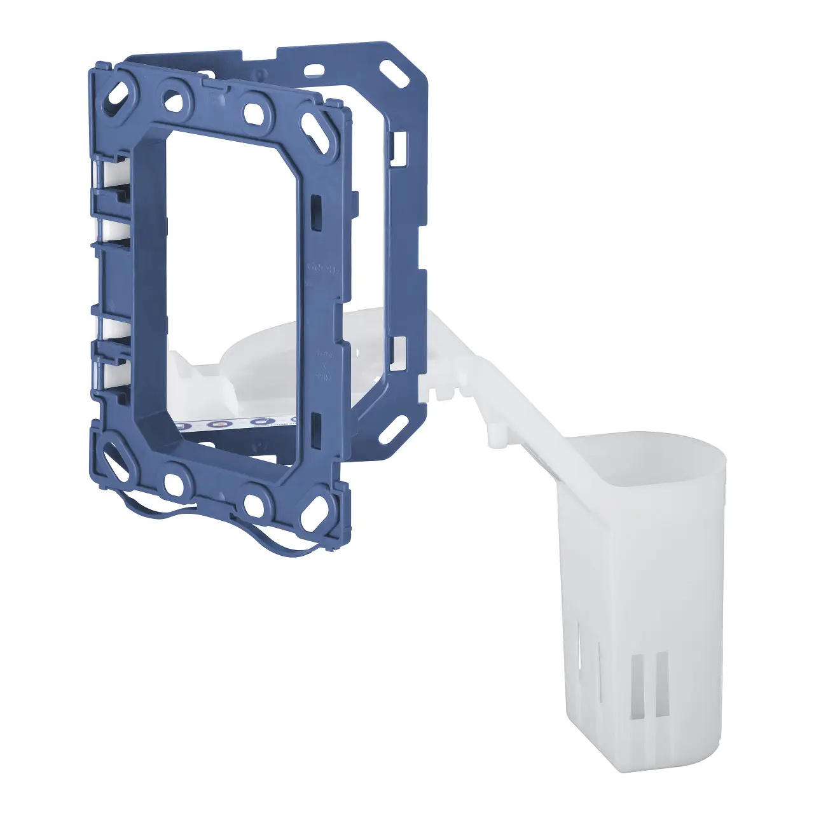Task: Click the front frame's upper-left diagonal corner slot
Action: (x=119, y=95)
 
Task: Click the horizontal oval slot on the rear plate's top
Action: (x=314, y=69)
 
